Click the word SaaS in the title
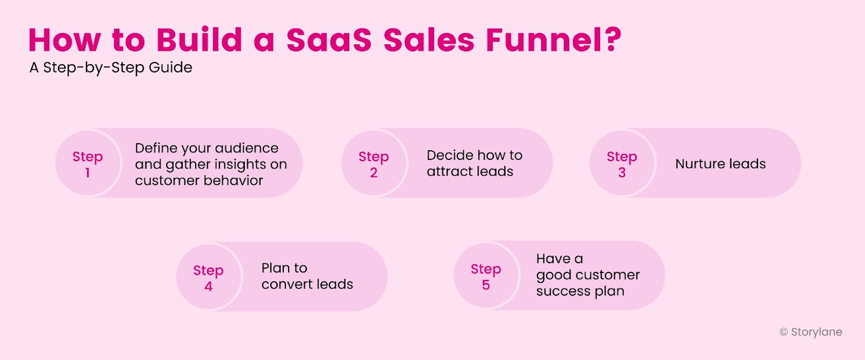pos(329,40)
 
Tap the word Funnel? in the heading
pos(554,40)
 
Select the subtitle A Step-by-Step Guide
pos(111,68)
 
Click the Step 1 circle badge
pos(88,164)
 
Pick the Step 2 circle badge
pos(374,164)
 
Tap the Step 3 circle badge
pos(622,164)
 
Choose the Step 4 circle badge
pos(208,277)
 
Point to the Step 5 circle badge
pos(486,276)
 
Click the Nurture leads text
pos(720,164)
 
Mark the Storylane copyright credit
pos(810,332)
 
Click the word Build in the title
pos(199,40)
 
